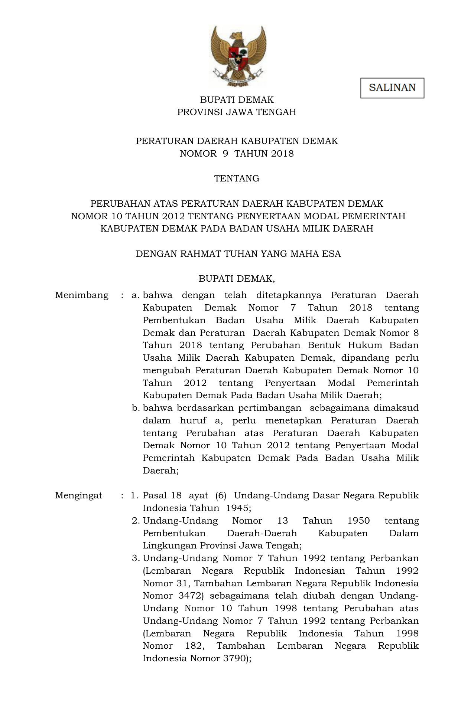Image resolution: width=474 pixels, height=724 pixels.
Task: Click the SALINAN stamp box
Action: [392, 88]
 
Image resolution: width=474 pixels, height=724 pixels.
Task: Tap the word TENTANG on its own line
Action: [237, 178]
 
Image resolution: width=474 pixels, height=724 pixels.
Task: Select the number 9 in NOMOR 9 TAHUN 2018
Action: [225, 154]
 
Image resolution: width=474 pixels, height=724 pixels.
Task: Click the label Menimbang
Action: [82, 295]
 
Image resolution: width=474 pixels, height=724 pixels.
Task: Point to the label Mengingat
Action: [78, 496]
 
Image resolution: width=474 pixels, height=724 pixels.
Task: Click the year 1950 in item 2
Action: [358, 521]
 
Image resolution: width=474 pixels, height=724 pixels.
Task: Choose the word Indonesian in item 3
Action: [320, 571]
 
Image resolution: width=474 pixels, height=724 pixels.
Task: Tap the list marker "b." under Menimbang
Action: [136, 408]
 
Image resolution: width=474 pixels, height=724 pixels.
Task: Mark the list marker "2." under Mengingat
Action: [136, 521]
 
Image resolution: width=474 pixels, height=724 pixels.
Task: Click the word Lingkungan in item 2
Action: [169, 546]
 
